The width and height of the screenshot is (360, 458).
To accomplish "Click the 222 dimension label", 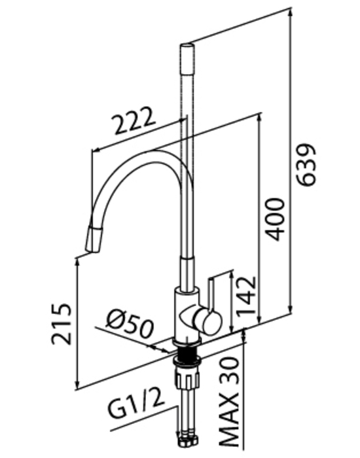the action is [134, 120].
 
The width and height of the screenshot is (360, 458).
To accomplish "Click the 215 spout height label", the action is [61, 325].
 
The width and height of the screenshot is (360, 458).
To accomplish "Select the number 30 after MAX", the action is [229, 371].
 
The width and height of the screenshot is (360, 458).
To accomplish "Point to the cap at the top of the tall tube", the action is [187, 58].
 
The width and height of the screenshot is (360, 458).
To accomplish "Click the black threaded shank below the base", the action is [187, 352].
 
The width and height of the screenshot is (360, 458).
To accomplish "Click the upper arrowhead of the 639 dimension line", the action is [290, 13].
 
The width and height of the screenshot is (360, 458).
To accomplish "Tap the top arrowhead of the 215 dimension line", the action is [77, 262].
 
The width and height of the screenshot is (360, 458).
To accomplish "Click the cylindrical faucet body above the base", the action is [187, 314].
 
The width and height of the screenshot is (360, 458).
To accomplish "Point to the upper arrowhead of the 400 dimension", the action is [259, 118].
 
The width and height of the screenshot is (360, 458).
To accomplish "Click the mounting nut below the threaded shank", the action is [187, 361].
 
